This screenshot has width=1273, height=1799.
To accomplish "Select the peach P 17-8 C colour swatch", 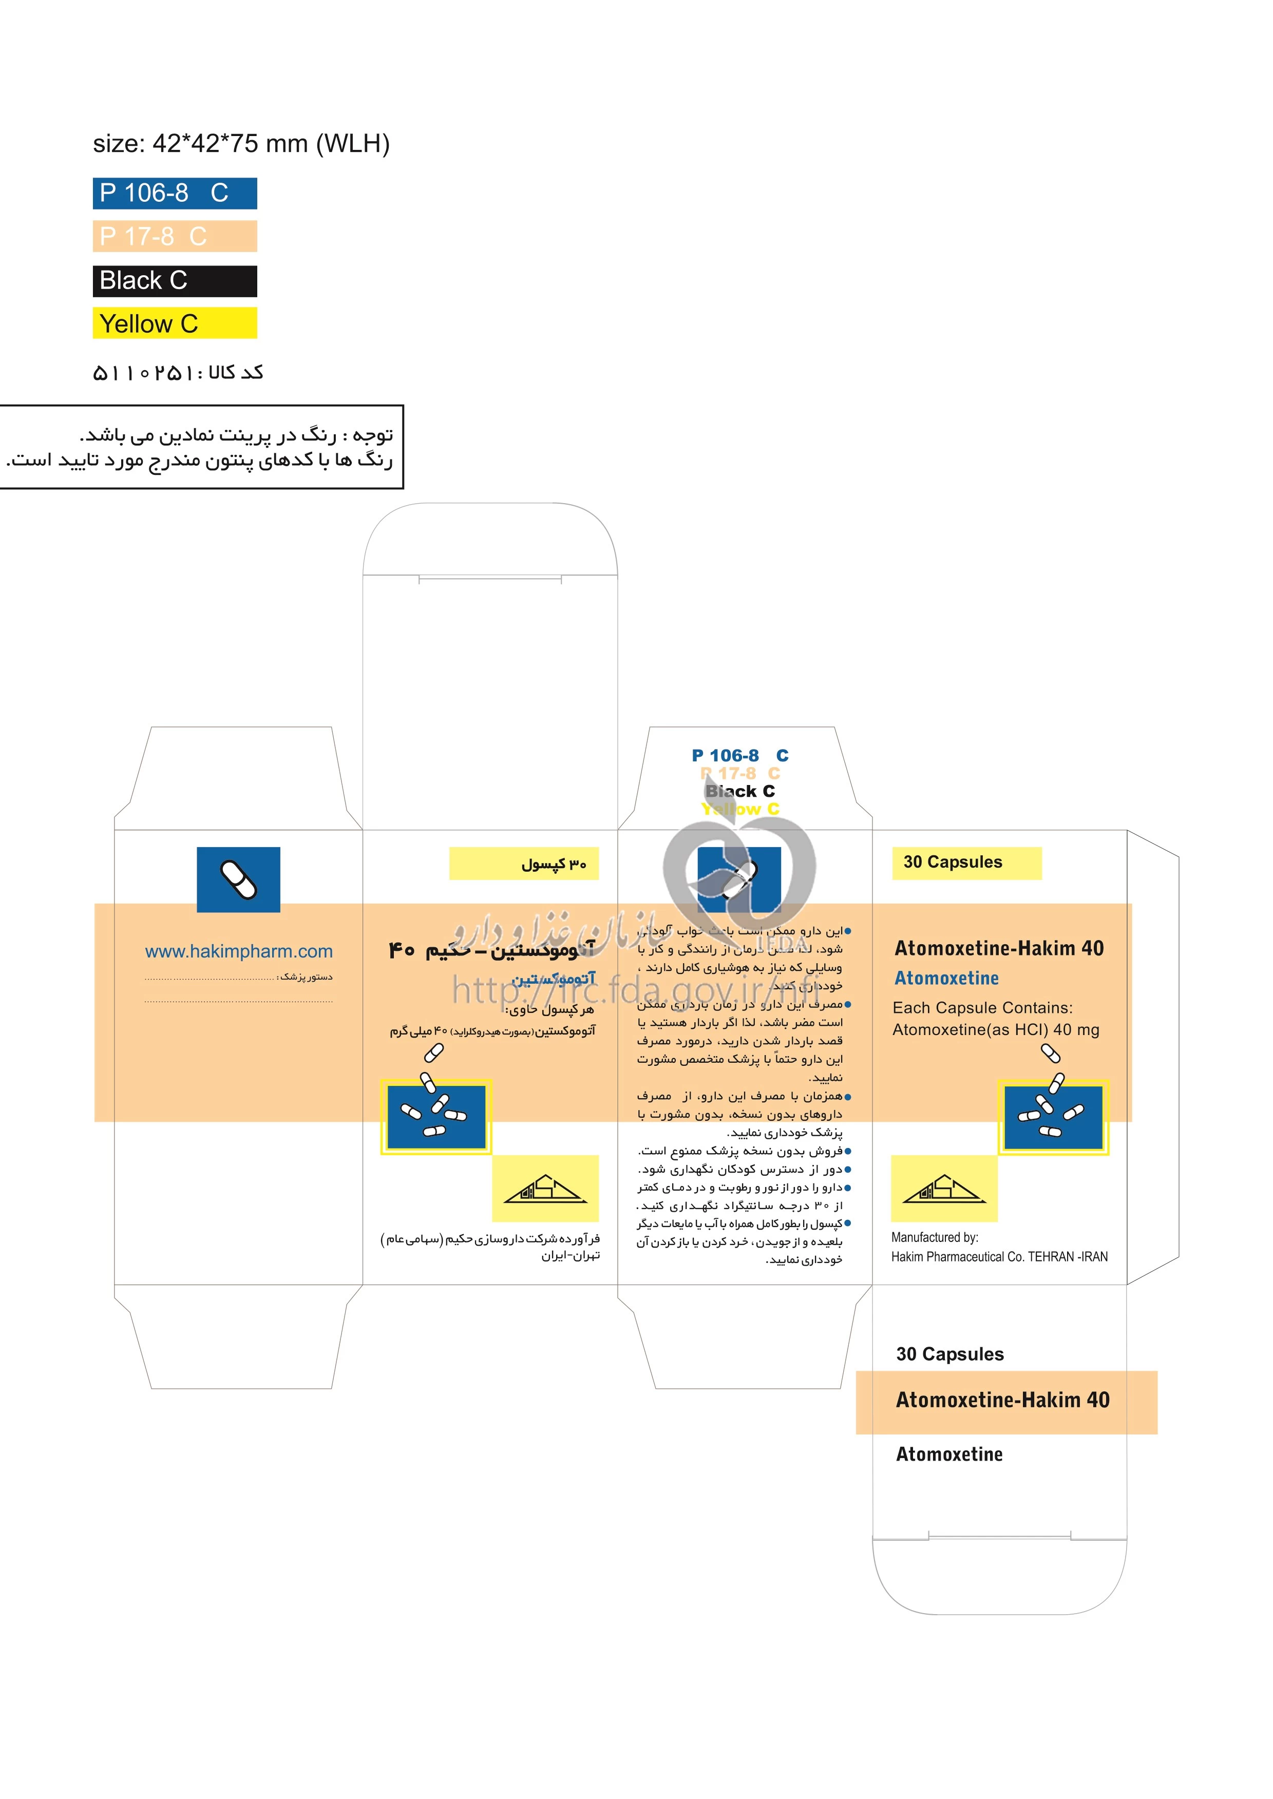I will click(174, 237).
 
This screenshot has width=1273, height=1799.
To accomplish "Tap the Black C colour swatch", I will click(174, 280).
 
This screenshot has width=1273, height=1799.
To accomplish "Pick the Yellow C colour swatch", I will click(174, 323).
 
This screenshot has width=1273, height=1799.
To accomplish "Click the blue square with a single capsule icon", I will click(238, 879).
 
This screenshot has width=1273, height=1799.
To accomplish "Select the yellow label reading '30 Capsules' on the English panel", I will click(966, 863).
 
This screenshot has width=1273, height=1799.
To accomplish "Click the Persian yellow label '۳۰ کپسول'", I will click(524, 864).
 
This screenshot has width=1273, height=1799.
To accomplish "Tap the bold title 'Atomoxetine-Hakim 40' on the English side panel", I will click(999, 948).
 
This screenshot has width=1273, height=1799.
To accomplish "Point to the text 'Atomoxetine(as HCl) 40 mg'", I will click(996, 1029).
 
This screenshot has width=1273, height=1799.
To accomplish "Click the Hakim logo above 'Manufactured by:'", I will click(944, 1189).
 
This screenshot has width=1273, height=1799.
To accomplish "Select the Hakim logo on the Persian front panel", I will click(545, 1189).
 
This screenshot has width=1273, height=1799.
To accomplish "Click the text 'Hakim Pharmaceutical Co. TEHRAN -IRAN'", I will click(999, 1257).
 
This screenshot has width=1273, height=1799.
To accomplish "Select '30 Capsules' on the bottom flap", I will click(949, 1354).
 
